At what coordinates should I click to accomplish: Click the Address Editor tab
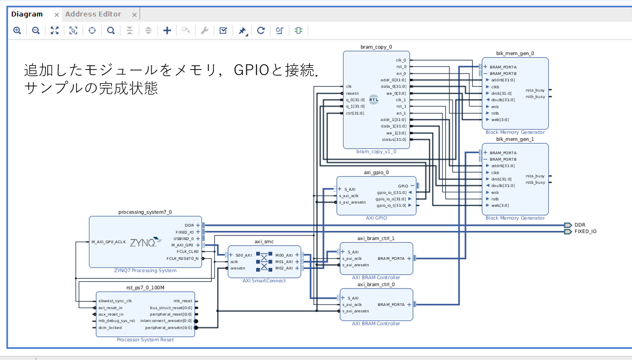[93, 14]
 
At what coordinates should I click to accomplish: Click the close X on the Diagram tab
[57, 14]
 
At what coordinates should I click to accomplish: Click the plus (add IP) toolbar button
[167, 30]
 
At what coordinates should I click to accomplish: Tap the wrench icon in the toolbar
[204, 30]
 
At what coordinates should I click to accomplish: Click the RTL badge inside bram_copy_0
[374, 100]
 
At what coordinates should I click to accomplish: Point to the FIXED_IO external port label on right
[585, 231]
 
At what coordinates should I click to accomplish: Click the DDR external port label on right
[580, 225]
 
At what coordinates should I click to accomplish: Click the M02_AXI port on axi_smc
[284, 268]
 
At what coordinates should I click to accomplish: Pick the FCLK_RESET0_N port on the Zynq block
[183, 258]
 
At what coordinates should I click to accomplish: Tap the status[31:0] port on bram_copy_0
[394, 139]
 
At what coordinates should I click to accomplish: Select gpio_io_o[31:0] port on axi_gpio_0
[391, 199]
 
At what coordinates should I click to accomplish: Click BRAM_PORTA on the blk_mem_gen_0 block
[502, 67]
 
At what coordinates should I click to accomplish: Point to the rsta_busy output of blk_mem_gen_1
[535, 176]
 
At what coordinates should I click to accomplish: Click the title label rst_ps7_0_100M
[145, 287]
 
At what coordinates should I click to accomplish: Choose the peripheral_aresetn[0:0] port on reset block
[168, 327]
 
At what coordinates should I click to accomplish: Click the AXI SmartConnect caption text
[264, 281]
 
